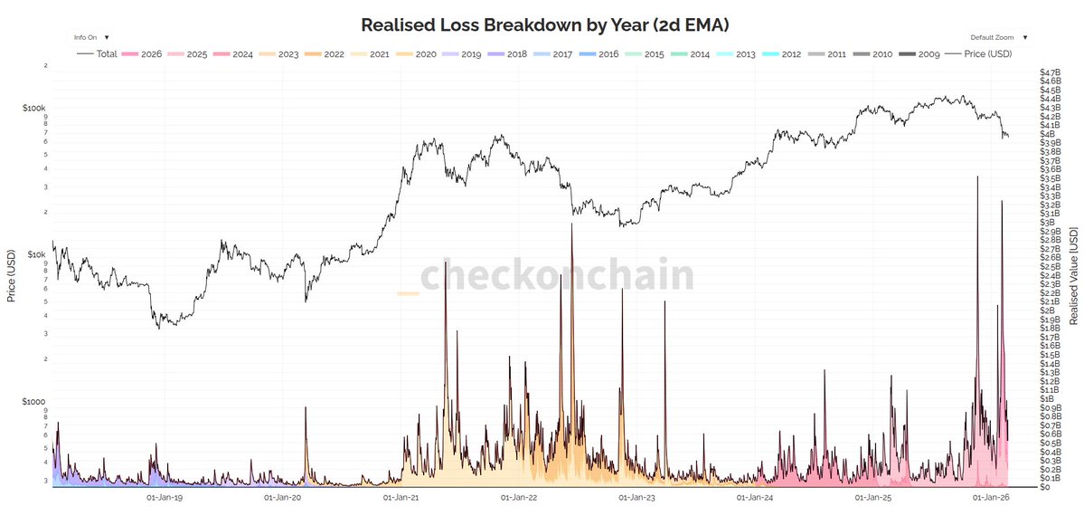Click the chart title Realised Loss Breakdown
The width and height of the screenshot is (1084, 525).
click(542, 24)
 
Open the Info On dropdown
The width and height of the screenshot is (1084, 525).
click(91, 38)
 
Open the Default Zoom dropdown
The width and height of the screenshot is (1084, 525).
click(999, 38)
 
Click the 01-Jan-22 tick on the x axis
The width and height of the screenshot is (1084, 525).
click(519, 497)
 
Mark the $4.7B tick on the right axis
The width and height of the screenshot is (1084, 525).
click(1050, 72)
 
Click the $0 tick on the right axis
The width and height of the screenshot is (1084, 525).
click(1044, 487)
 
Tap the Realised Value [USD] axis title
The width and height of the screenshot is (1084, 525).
click(1073, 276)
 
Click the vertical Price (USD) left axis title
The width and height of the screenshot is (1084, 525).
click(12, 276)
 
